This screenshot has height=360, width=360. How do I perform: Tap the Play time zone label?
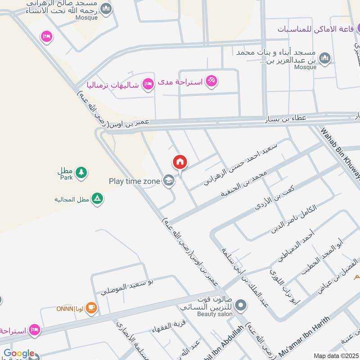pos(134,181)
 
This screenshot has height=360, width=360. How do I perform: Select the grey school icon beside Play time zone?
pos(168,181)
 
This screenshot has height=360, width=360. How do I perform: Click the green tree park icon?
pos(81,172)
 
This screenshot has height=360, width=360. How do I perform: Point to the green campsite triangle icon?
pos(97,198)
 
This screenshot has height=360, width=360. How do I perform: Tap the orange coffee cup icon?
pos(91,308)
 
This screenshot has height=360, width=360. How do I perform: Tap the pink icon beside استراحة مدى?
pos(211,81)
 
